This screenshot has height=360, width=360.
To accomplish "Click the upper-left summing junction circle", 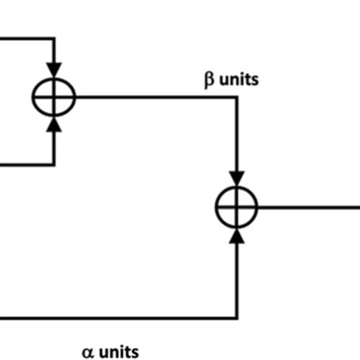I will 54,96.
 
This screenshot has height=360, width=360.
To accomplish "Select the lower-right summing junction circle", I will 237,206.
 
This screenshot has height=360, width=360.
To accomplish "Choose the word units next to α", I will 118,351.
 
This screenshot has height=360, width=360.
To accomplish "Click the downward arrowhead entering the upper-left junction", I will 54,68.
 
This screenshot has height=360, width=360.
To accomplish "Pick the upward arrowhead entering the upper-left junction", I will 54,125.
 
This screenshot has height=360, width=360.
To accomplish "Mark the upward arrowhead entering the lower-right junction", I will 237,235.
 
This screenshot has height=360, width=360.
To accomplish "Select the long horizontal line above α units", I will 114,317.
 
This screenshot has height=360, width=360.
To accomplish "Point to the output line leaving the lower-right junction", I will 308,206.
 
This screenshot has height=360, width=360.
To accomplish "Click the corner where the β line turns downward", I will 237,96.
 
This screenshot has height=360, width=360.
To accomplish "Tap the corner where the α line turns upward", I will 237,317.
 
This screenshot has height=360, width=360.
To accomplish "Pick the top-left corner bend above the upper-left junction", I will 54,38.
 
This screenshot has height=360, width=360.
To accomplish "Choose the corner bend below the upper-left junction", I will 54,164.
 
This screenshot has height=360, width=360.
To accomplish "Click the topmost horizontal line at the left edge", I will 23,38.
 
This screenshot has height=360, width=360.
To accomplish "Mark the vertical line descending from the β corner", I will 237,137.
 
